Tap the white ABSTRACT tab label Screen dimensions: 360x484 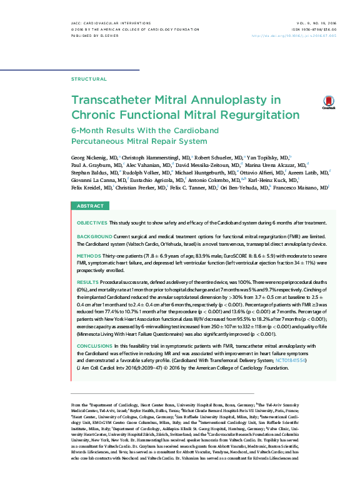[90, 206]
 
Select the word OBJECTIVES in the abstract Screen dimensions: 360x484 [91, 223]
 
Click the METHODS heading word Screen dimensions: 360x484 [88, 256]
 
